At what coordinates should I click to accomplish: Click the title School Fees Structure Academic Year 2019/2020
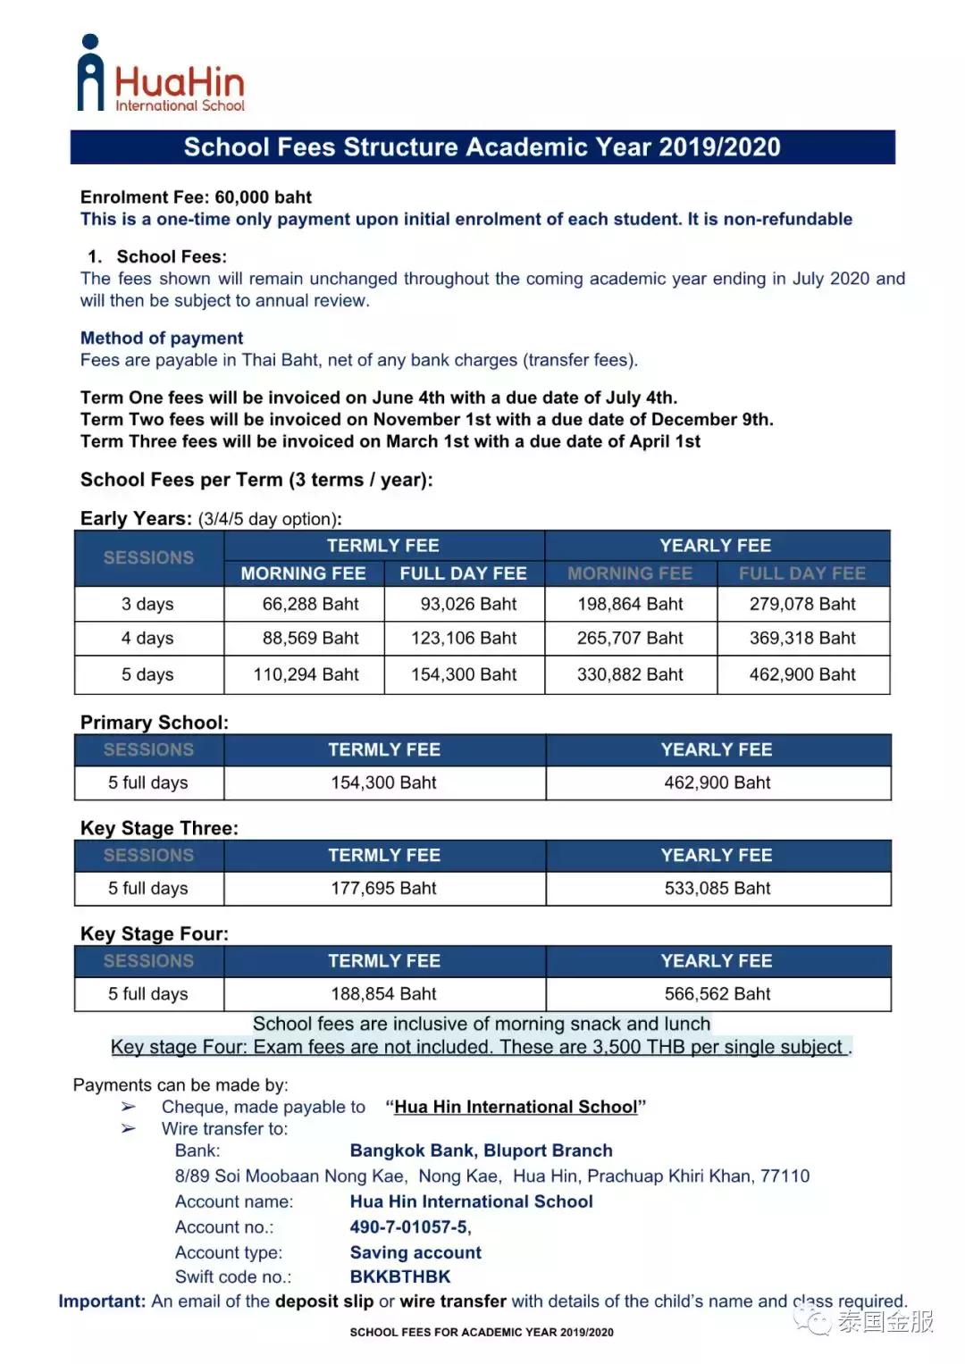tap(482, 147)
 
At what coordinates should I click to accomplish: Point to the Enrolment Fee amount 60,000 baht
tap(264, 197)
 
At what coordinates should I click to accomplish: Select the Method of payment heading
tap(162, 339)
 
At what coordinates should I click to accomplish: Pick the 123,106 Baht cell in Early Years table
tap(464, 639)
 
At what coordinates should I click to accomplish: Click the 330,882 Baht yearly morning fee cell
tap(630, 675)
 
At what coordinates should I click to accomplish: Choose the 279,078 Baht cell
tap(802, 605)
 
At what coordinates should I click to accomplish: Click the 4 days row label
tap(147, 639)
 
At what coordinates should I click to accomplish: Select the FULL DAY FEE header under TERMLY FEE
tap(463, 573)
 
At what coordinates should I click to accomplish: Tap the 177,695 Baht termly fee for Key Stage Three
tap(384, 889)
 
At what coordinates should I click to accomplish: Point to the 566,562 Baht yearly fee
tap(717, 994)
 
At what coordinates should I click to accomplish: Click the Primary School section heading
tap(155, 723)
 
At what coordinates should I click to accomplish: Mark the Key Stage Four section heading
tap(155, 934)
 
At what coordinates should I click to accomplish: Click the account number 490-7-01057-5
tap(409, 1227)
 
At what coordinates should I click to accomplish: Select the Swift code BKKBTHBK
tap(400, 1277)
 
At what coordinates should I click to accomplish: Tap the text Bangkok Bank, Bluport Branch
tap(481, 1151)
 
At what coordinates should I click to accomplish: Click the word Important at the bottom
tap(102, 1301)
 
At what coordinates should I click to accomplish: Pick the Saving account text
tap(415, 1252)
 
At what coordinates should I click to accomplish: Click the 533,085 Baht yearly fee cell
tap(717, 889)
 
